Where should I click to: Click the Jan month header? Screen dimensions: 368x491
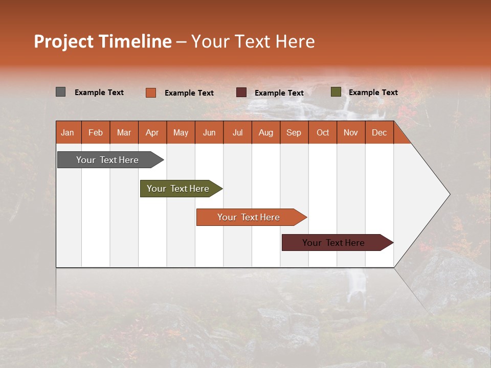point(68,132)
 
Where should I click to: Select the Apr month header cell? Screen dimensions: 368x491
point(152,132)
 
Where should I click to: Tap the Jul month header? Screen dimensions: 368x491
point(237,132)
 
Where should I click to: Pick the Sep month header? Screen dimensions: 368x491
point(294,132)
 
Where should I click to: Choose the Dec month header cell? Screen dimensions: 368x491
point(379,132)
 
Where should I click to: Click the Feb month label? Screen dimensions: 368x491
point(96,132)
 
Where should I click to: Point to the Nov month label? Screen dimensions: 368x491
point(350,132)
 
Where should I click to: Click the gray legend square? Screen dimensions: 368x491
point(60,92)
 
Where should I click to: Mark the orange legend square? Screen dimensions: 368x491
point(150,93)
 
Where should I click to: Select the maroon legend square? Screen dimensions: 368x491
point(241,93)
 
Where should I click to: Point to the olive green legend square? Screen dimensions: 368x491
point(336,92)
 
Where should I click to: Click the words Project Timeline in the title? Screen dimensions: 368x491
point(102,41)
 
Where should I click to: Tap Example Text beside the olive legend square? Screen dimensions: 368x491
point(373,93)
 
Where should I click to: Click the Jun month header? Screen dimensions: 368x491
point(209,132)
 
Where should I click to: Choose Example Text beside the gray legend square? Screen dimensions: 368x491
point(99,93)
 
